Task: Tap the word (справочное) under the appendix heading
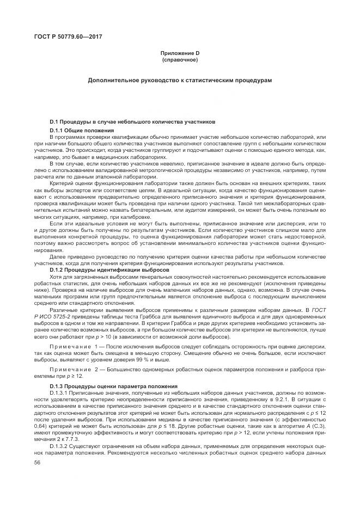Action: (179, 59)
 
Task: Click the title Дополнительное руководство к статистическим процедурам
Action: (180, 80)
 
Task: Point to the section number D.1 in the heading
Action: (54, 123)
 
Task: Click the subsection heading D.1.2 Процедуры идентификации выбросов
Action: (109, 269)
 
